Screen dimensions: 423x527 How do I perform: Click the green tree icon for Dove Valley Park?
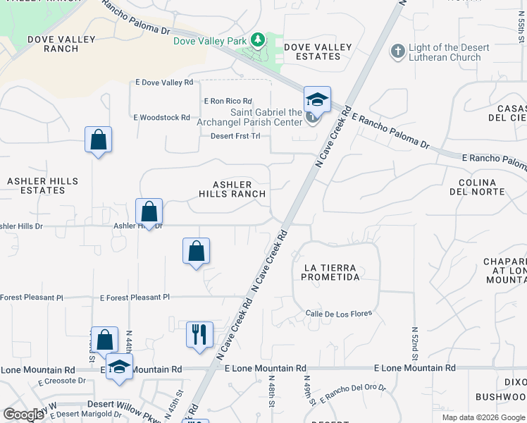[258, 40]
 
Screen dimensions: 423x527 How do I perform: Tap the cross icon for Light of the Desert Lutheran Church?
[398, 51]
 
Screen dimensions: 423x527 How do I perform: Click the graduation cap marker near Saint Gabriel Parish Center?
[317, 100]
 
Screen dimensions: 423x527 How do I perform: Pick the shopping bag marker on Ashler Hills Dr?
[149, 211]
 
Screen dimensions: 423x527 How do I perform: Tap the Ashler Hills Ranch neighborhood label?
[232, 188]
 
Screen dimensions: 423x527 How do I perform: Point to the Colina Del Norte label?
[477, 186]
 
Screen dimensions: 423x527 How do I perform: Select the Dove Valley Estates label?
[317, 51]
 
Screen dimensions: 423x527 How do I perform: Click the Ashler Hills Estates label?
[42, 185]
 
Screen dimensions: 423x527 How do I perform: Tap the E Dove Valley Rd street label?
[163, 82]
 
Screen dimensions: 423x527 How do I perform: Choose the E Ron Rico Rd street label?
[228, 102]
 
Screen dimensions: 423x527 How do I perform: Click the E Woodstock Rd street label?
[161, 118]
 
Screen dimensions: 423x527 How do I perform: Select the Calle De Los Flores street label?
[338, 313]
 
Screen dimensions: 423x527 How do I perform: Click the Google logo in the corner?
[24, 414]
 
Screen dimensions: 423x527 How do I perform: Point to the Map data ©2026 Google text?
[483, 417]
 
